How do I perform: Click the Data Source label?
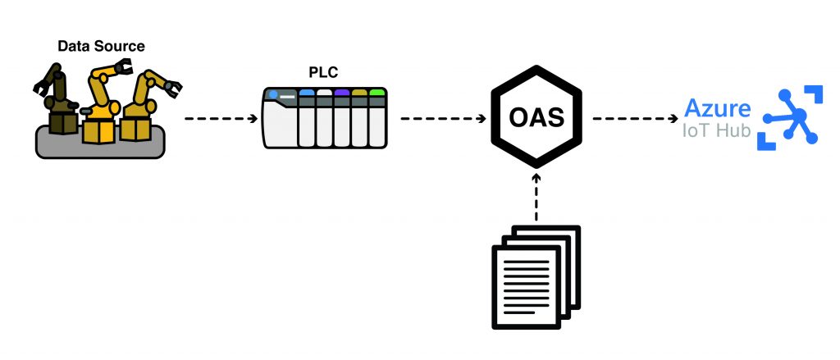click(100, 46)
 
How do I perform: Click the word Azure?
click(717, 108)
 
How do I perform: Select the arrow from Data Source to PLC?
click(221, 118)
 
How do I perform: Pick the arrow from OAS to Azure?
click(636, 118)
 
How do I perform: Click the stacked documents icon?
click(534, 275)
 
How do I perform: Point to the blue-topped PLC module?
click(308, 118)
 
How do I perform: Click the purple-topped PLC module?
click(342, 118)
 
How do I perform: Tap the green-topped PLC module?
click(377, 118)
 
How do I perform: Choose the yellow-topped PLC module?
click(359, 118)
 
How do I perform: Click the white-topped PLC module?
click(325, 118)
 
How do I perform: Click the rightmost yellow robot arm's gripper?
click(172, 86)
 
